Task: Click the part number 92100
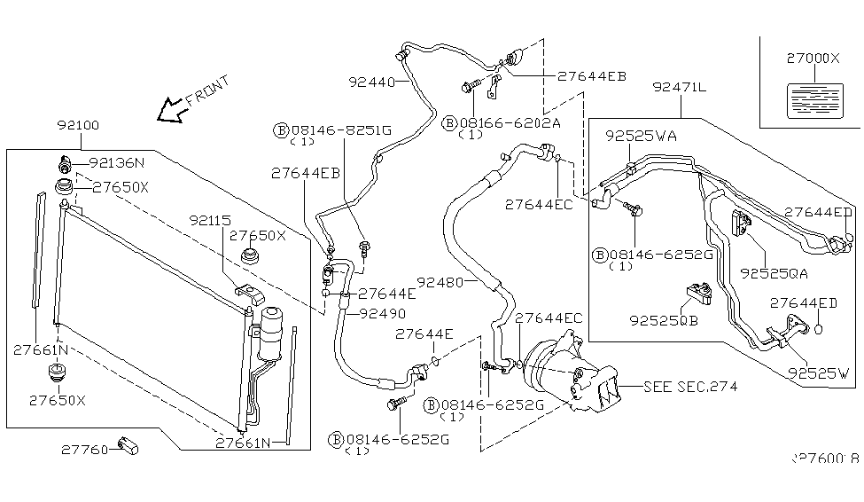coord(81,126)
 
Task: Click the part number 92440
coord(370,81)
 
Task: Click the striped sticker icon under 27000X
coord(812,98)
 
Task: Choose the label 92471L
coord(680,87)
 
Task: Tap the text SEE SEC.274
coord(690,387)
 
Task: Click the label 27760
coord(85,450)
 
